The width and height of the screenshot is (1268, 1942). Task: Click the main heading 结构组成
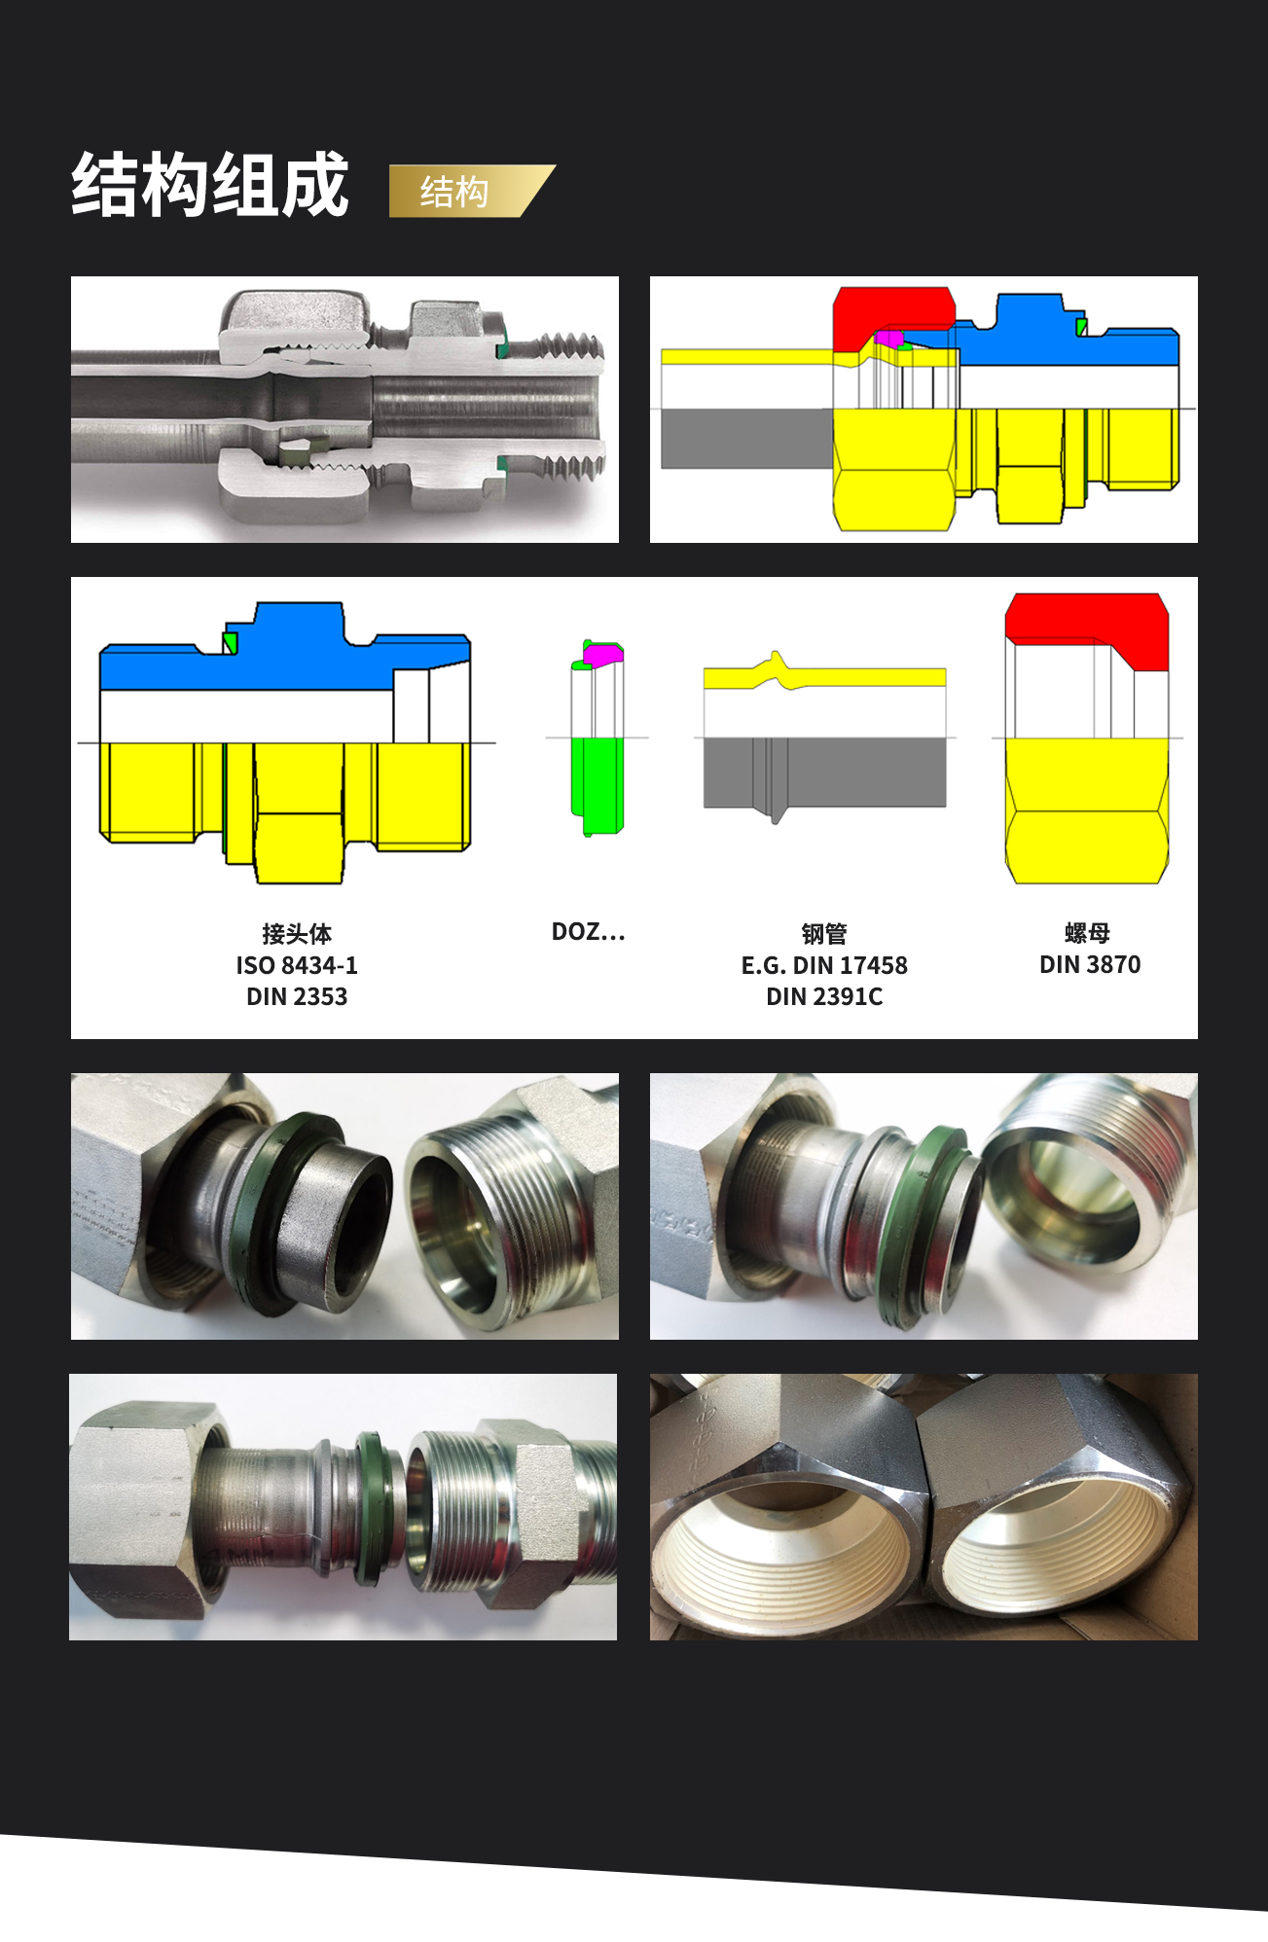pyautogui.click(x=210, y=184)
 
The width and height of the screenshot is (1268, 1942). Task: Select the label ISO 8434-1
pyautogui.click(x=297, y=965)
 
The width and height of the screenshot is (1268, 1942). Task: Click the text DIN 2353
pyautogui.click(x=297, y=996)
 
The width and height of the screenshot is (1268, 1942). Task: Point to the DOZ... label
pyautogui.click(x=588, y=932)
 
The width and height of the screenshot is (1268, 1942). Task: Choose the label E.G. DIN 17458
pyautogui.click(x=824, y=965)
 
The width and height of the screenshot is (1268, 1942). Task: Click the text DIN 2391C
pyautogui.click(x=824, y=996)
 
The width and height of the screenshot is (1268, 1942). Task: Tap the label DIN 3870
pyautogui.click(x=1090, y=964)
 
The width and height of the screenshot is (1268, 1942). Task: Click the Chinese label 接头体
pyautogui.click(x=297, y=934)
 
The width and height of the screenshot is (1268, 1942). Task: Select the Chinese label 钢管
pyautogui.click(x=824, y=934)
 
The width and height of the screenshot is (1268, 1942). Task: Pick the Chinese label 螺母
pyautogui.click(x=1088, y=933)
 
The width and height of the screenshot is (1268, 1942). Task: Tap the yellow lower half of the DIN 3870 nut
pyautogui.click(x=1086, y=810)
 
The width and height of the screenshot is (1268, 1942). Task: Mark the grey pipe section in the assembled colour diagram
pyautogui.click(x=746, y=438)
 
